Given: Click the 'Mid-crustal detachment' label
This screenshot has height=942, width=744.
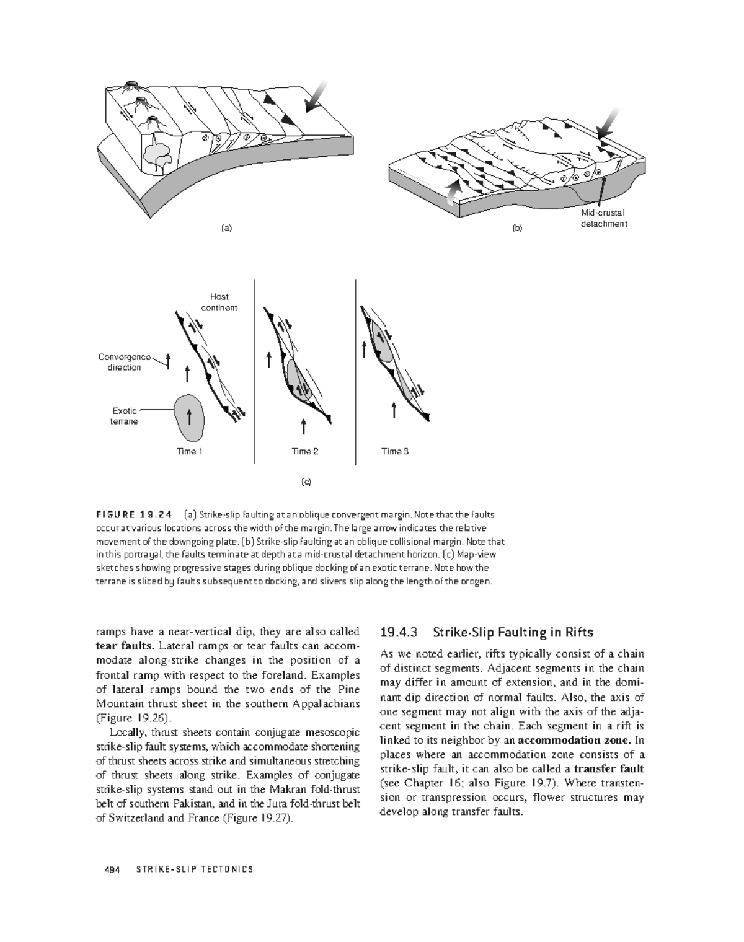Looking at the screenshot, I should pos(603,219).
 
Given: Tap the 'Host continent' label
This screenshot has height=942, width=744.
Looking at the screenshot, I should pos(219,302).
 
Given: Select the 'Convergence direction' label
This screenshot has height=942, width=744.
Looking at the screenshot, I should pos(125,362).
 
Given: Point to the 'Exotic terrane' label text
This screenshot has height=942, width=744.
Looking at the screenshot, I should pos(125,416).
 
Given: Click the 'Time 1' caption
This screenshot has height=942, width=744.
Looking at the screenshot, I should pos(190,451).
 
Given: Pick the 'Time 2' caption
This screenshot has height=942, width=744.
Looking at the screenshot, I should pos(305,451).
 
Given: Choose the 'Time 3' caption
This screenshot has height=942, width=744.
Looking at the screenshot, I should pos(395,451).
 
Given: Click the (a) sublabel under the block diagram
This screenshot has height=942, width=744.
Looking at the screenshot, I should pos(227,227).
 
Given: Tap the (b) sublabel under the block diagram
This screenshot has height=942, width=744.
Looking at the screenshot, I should pos(517,227).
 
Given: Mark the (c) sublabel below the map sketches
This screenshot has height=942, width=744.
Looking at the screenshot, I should pos(306,482).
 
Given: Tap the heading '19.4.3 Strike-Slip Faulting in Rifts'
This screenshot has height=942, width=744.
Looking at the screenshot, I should pos(487,633).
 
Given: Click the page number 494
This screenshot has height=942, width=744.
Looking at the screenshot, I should pos(112,869).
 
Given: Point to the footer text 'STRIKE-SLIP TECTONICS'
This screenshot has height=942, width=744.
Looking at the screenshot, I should pos(194,869).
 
